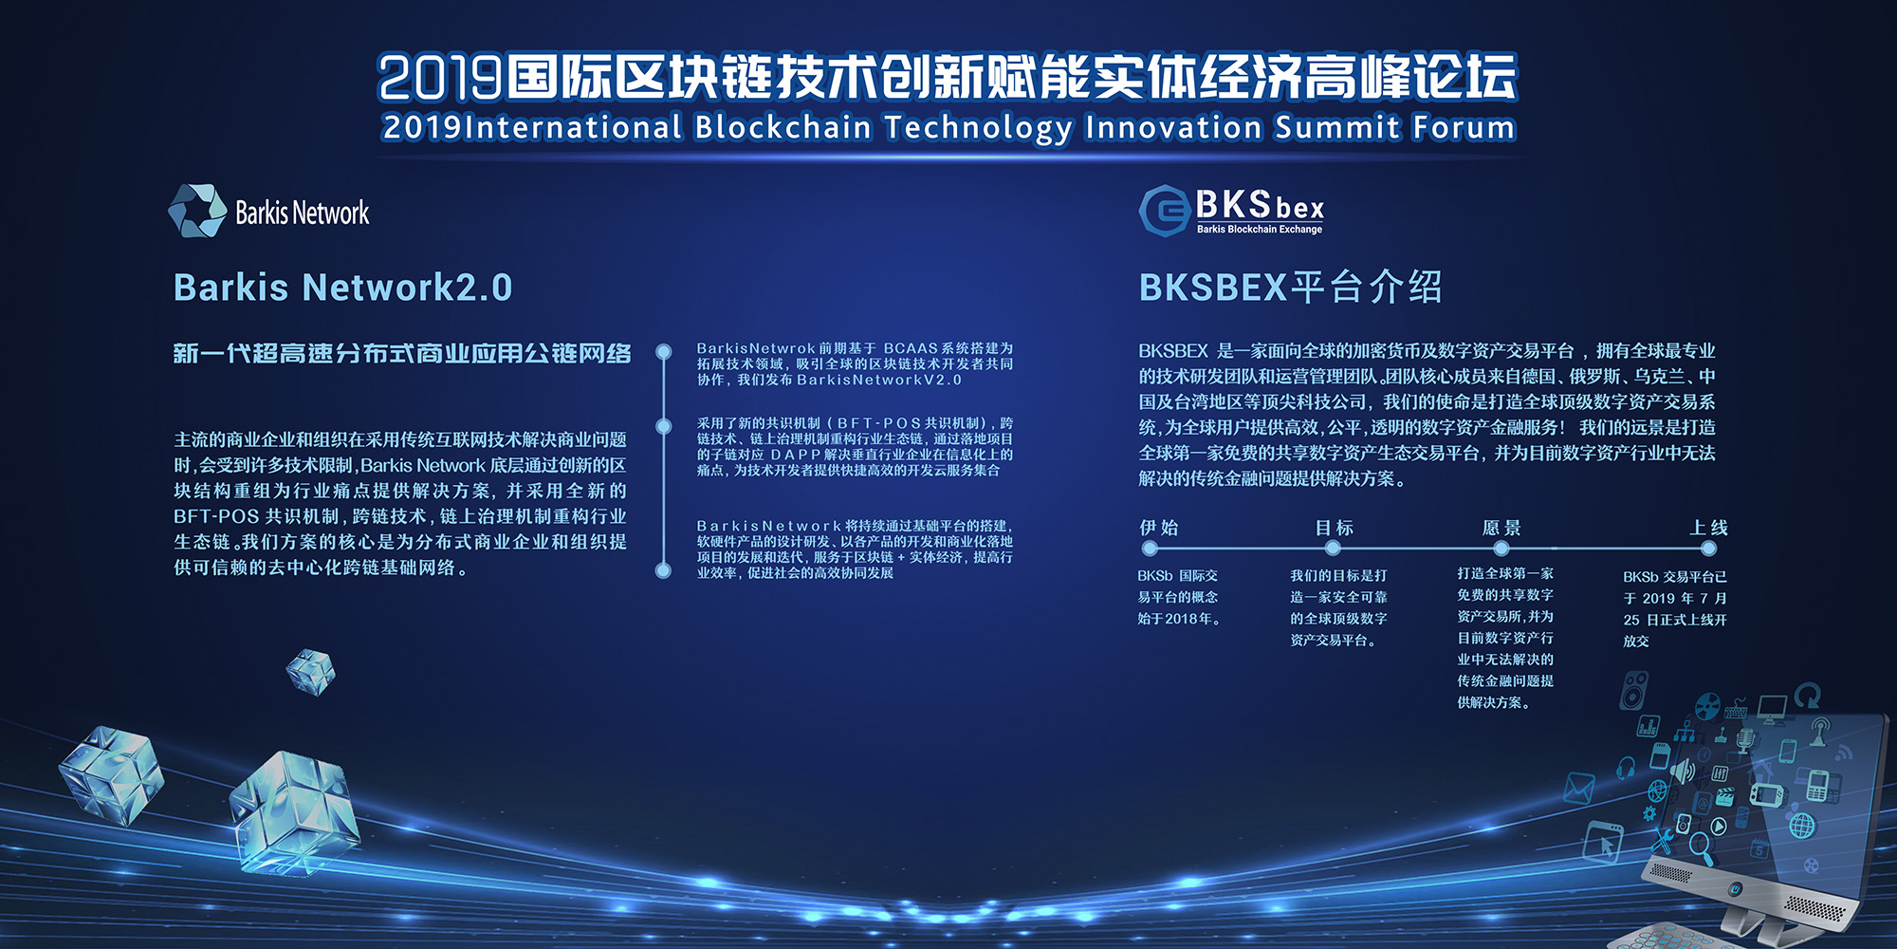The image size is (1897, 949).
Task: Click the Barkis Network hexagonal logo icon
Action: [x=197, y=211]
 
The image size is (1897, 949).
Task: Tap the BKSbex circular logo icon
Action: [x=1164, y=211]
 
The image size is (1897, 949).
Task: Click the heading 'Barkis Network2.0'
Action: [x=342, y=288]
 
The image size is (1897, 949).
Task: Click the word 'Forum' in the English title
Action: [x=1464, y=126]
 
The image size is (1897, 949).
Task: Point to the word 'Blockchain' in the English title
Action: [x=783, y=126]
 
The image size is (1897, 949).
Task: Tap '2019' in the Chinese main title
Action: [x=440, y=77]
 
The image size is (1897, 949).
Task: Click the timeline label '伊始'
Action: [x=1159, y=528]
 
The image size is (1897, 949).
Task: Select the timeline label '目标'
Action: [x=1335, y=528]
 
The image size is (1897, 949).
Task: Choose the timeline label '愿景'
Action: [x=1501, y=528]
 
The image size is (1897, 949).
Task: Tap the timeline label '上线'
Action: [x=1708, y=528]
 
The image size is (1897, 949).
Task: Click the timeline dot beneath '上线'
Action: [x=1708, y=549]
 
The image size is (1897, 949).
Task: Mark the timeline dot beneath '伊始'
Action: [x=1150, y=549]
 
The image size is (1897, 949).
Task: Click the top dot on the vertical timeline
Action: [x=664, y=351]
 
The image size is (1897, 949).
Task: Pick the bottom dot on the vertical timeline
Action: [x=664, y=570]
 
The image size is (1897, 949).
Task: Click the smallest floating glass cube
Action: [x=311, y=672]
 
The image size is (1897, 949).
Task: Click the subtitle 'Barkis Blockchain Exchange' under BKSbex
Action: [x=1260, y=230]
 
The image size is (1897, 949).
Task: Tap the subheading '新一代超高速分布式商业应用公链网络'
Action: [x=402, y=354]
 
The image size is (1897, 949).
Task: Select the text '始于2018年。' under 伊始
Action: [x=1179, y=619]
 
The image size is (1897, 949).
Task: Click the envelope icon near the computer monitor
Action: [x=1578, y=789]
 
